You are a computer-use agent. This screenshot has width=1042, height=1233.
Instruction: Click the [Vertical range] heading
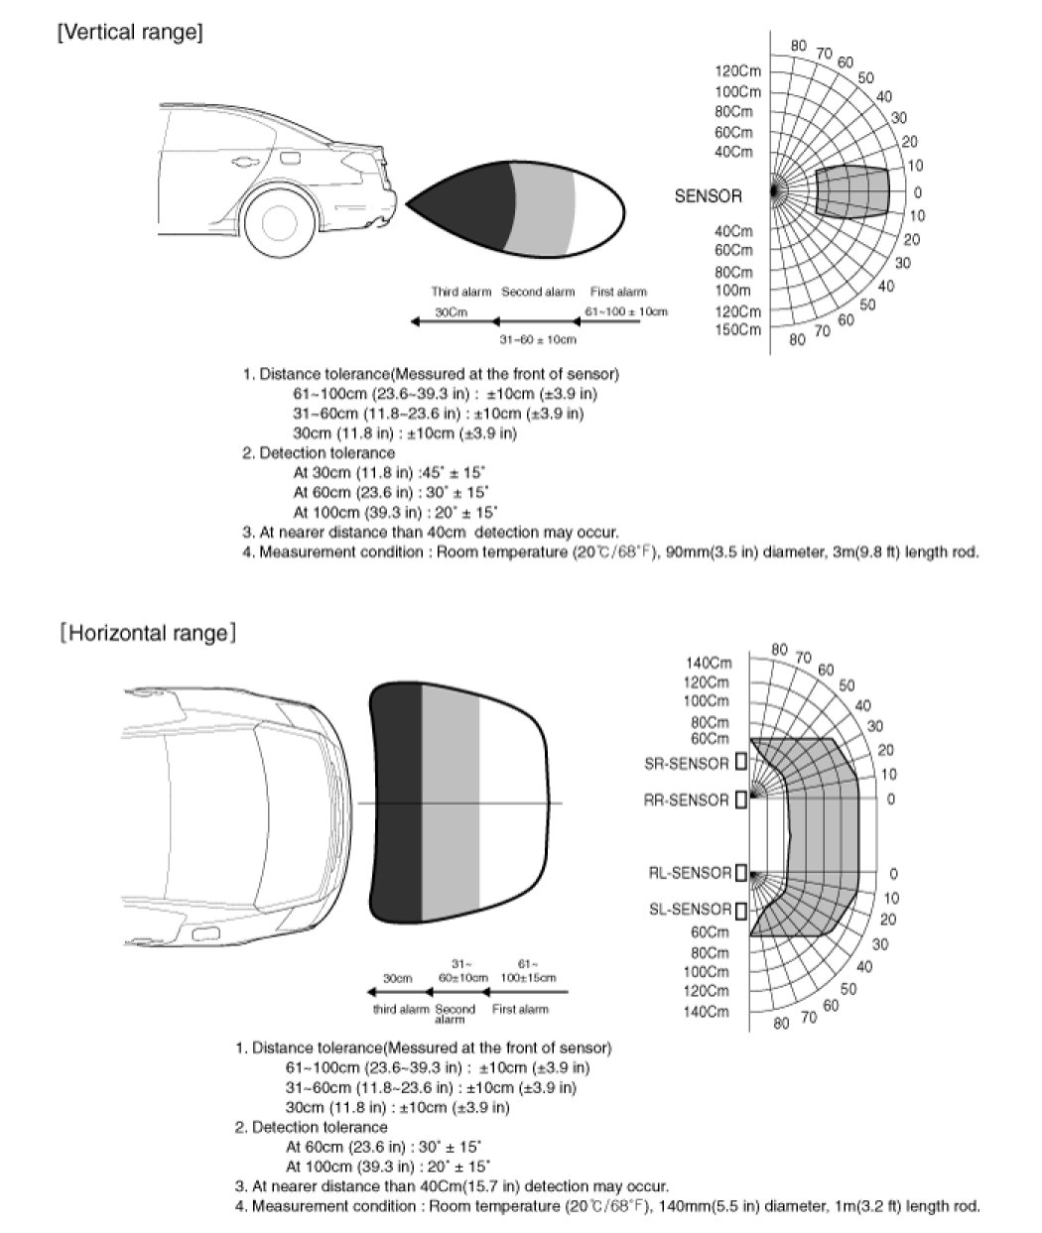coord(131,33)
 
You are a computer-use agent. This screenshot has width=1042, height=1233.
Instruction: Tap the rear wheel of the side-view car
coord(281,221)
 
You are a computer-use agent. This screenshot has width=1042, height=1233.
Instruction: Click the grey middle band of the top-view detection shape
coord(451,801)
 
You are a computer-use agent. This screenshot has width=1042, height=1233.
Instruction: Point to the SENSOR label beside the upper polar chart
coord(708,196)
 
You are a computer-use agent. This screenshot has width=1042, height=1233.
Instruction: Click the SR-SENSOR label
coord(687,764)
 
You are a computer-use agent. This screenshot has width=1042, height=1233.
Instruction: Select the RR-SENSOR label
coord(687,800)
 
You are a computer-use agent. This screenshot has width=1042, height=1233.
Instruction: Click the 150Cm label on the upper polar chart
coord(737,329)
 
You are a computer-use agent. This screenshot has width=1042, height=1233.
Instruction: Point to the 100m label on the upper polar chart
coord(733,291)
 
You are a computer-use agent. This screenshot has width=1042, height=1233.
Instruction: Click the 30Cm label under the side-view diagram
coord(452,312)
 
